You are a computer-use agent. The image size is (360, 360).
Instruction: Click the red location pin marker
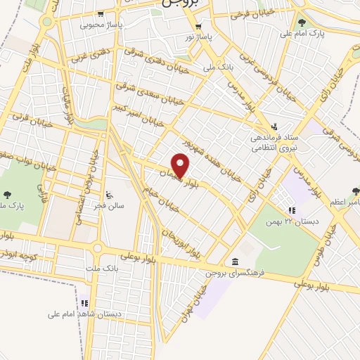181,167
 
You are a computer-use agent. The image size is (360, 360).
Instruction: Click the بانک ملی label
217,67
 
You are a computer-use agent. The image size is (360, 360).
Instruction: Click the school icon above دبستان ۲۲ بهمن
292,210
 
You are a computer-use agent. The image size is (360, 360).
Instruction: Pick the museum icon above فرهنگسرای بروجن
234,261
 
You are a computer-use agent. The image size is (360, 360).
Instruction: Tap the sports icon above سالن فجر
108,195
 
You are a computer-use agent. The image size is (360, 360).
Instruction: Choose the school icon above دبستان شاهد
84,303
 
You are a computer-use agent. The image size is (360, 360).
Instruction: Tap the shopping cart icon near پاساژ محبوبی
103,14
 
